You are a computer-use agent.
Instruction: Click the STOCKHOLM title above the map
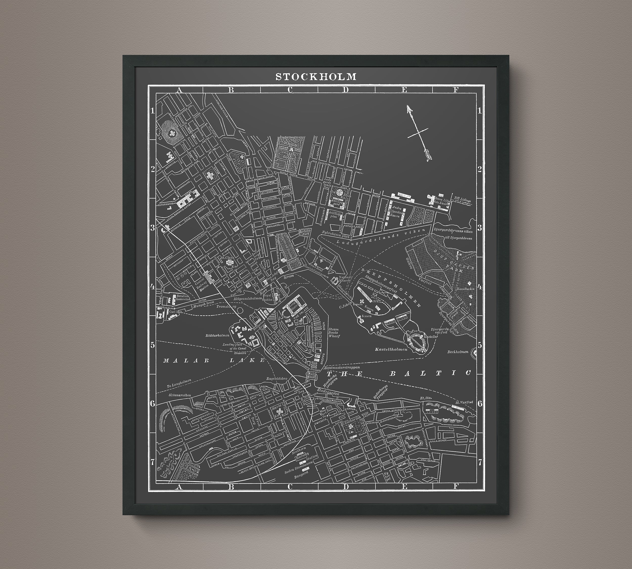coord(316,77)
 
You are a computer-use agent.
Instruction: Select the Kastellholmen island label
coord(391,349)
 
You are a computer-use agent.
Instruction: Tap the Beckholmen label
coord(458,352)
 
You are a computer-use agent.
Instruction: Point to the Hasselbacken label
coord(465,289)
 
